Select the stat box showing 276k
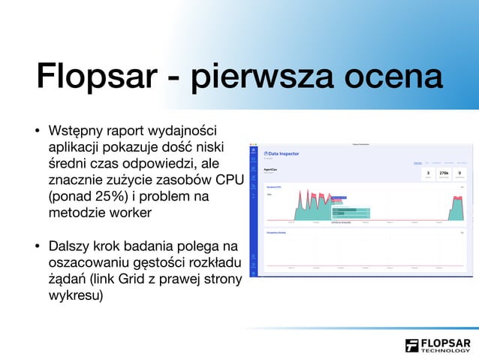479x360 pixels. point(443,174)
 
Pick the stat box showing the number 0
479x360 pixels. point(459,174)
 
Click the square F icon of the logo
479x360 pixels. point(412,346)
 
